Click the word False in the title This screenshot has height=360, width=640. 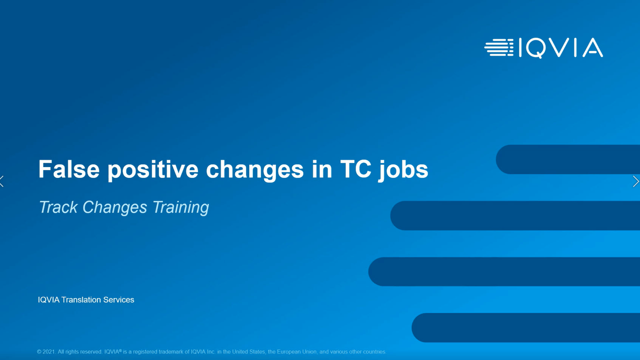(69, 169)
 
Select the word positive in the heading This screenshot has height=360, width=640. (153, 170)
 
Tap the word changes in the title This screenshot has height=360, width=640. (254, 170)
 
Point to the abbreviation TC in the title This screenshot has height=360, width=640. (355, 169)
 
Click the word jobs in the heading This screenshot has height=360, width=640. (403, 170)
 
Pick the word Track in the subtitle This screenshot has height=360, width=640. (58, 207)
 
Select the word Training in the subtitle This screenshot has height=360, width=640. (181, 207)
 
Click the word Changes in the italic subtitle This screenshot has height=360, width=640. (115, 207)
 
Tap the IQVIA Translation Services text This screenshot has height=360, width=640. (86, 299)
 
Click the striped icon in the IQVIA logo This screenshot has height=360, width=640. (499, 47)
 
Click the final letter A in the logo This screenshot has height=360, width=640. (593, 47)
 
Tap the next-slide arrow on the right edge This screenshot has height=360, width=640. (635, 181)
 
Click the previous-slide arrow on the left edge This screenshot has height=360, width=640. (2, 181)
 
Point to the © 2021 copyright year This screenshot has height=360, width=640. (46, 351)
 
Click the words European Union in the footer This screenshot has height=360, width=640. (296, 351)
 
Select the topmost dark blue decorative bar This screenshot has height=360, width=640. (568, 159)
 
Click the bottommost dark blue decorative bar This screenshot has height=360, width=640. (525, 327)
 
